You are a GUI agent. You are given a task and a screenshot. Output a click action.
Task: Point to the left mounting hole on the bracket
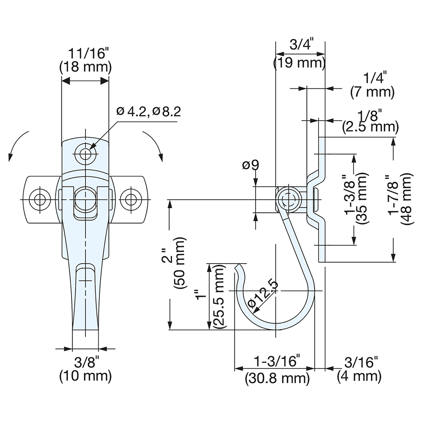pos(40,199)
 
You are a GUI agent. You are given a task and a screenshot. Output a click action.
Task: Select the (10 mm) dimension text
pos(85,375)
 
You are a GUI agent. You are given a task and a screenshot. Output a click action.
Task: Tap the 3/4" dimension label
pos(300,45)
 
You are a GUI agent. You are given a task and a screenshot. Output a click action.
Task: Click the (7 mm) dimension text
pos(372,92)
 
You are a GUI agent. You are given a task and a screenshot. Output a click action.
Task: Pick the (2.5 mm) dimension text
pos(370,126)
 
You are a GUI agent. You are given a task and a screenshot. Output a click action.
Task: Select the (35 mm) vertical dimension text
pos(361,199)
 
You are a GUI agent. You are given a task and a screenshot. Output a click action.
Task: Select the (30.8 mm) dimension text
pos(277,378)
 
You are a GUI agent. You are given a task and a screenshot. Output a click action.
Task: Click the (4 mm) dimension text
pos(359,376)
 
